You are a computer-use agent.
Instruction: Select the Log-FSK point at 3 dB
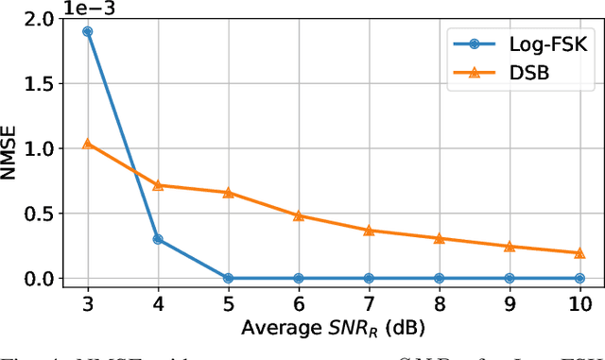[88, 31]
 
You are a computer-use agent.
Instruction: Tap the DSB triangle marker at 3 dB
[88, 144]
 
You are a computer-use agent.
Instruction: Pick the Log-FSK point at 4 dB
[158, 239]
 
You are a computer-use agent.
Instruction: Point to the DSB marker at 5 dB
[228, 193]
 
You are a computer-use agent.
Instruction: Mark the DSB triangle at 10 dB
[579, 252]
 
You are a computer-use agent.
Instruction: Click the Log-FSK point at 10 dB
[579, 278]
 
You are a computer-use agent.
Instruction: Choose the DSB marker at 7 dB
[369, 230]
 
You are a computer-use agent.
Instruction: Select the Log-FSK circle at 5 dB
[228, 278]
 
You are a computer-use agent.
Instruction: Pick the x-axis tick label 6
[299, 304]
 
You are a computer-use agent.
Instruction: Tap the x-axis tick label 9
[510, 304]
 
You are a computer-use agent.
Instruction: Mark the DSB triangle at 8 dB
[439, 238]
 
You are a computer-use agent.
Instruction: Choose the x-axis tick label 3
[88, 304]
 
